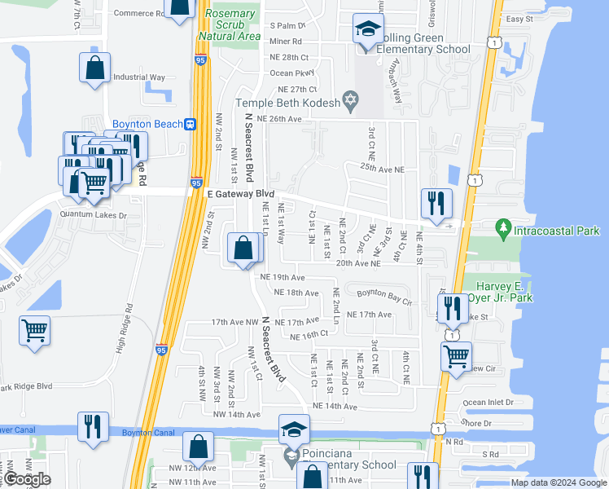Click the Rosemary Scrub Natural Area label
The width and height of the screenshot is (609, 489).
pos(231,25)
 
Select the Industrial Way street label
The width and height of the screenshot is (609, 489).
pos(139,77)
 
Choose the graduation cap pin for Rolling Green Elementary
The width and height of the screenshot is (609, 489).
pos(369,30)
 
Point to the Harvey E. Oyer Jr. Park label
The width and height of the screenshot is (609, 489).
pos(502,292)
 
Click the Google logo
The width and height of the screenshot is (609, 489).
pos(28,479)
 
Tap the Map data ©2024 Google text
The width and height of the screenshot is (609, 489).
pos(558,482)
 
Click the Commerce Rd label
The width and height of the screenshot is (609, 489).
pos(139,13)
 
